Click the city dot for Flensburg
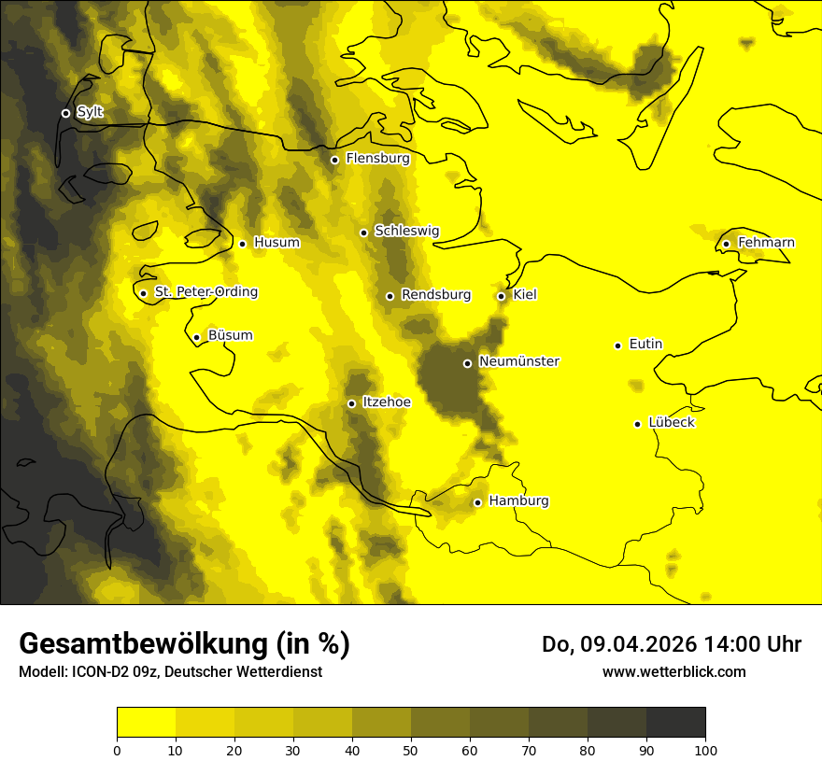[x=334, y=160]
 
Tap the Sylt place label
[x=90, y=112]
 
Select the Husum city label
[x=276, y=243]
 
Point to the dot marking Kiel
[x=502, y=296]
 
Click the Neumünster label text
[x=518, y=361]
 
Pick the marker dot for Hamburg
[x=477, y=502]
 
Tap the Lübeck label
[x=671, y=423]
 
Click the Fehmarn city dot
[x=726, y=244]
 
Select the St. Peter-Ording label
[x=205, y=292]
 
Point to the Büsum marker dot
[x=196, y=337]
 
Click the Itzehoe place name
[x=386, y=402]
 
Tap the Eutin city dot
[x=617, y=345]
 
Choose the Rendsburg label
[x=435, y=295]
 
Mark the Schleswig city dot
[x=363, y=232]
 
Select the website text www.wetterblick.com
[x=673, y=671]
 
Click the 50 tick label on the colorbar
[x=411, y=751]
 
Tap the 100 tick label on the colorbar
[x=705, y=751]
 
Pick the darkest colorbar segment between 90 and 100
[x=675, y=723]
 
